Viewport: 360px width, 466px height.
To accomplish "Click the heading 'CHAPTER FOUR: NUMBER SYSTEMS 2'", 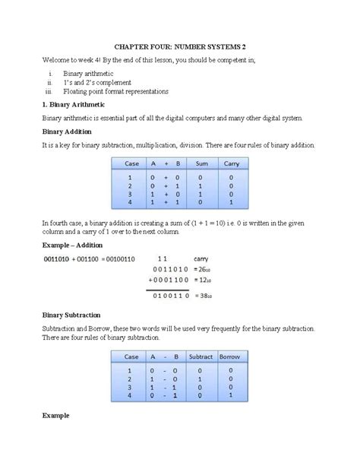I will click(x=180, y=46).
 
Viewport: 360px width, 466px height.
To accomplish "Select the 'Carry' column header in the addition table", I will click(x=231, y=163).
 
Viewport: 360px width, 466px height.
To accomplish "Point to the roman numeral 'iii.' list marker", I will click(x=51, y=91).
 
